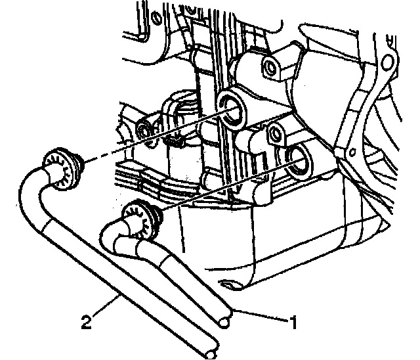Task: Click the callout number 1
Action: click(x=294, y=323)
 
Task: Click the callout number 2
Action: click(x=87, y=322)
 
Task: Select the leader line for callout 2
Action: click(x=105, y=305)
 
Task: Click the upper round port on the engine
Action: click(x=232, y=109)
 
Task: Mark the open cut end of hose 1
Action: click(x=224, y=321)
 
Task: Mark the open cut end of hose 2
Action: click(x=211, y=353)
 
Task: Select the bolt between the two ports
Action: click(x=275, y=133)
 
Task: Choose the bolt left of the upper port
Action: click(x=144, y=131)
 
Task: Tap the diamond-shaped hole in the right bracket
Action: click(x=353, y=152)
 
